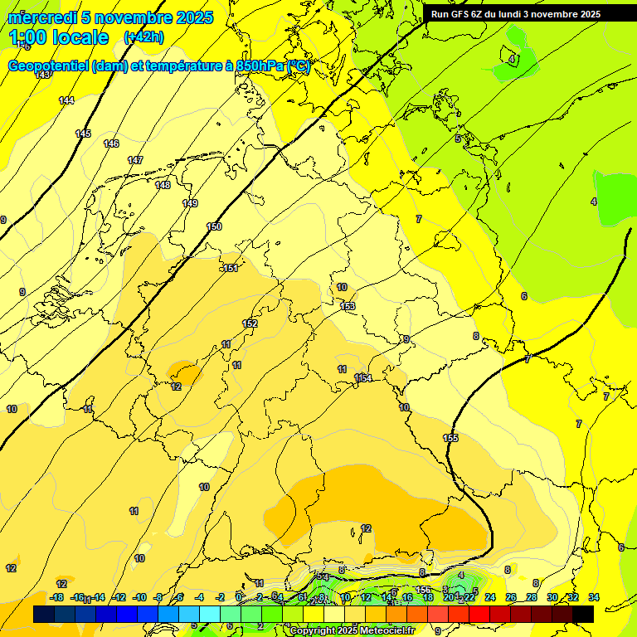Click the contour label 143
[43, 75]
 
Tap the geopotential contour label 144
[66, 100]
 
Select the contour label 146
[111, 143]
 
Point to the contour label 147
[135, 160]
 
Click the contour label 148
[163, 185]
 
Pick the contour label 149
[190, 203]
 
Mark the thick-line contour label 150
[215, 226]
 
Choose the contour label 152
[250, 323]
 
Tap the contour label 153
[348, 307]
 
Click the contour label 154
[363, 378]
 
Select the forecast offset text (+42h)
[143, 37]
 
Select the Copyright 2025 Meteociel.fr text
[352, 631]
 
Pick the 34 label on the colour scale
[594, 597]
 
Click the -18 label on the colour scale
[56, 597]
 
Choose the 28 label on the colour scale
[532, 597]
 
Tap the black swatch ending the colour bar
[583, 614]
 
